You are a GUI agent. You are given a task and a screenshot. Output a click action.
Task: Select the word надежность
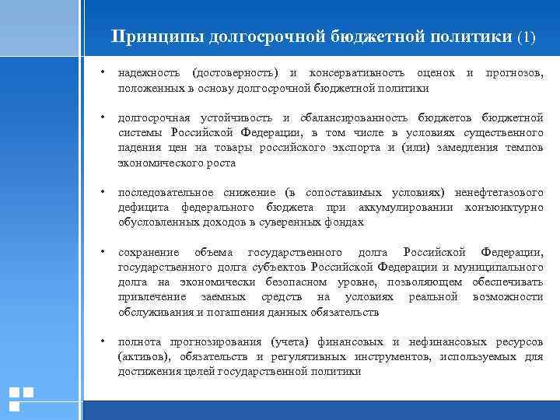coord(149,73)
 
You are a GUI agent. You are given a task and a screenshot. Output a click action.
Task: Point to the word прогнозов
coord(514,73)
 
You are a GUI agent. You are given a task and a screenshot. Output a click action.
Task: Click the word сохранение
coord(149,252)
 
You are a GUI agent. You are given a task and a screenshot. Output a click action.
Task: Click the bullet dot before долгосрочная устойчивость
coord(103,118)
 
